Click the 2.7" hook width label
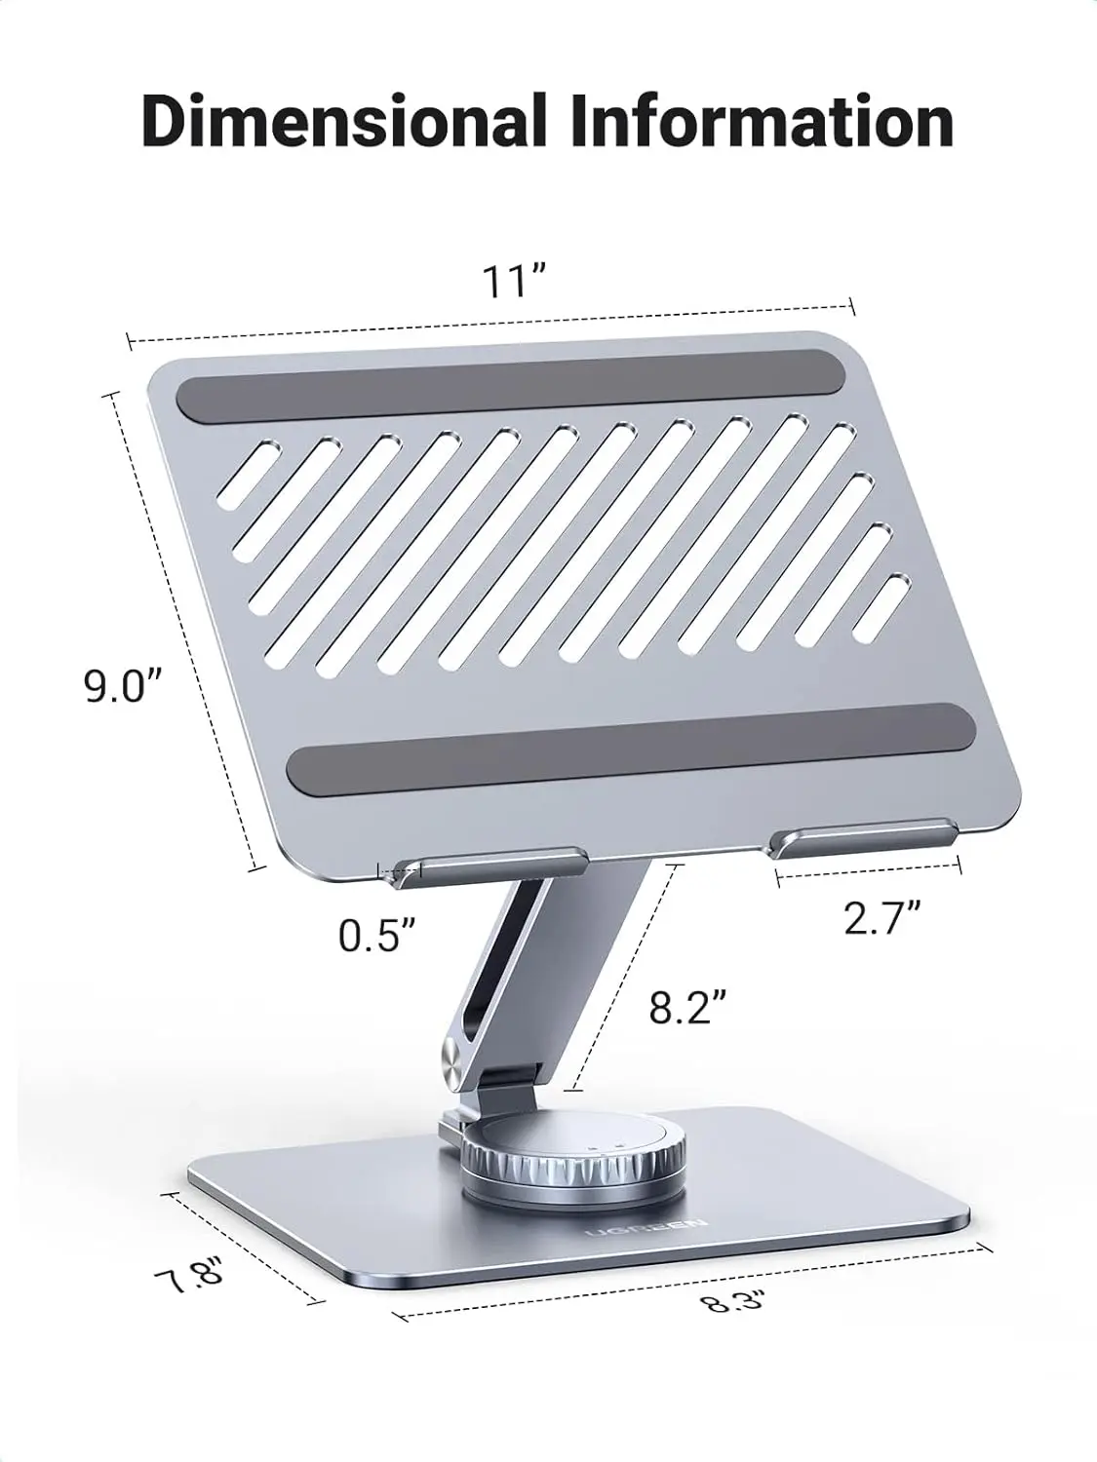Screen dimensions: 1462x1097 pos(882,917)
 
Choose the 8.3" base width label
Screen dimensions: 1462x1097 pos(733,1299)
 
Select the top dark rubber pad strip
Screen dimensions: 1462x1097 pos(507,387)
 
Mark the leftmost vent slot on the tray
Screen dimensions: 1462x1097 pos(250,475)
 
